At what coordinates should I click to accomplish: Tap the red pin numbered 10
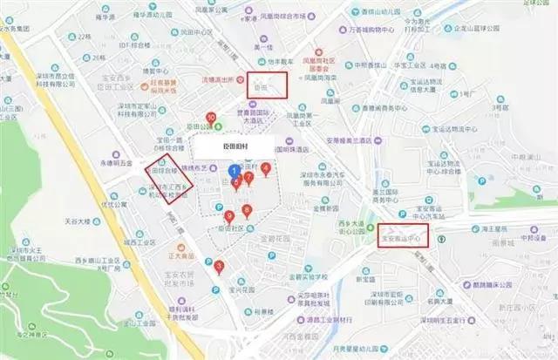pos(210,118)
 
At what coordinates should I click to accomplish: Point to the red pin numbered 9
pos(229,217)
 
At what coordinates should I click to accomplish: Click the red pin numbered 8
pos(248,210)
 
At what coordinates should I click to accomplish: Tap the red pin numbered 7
pos(248,177)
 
